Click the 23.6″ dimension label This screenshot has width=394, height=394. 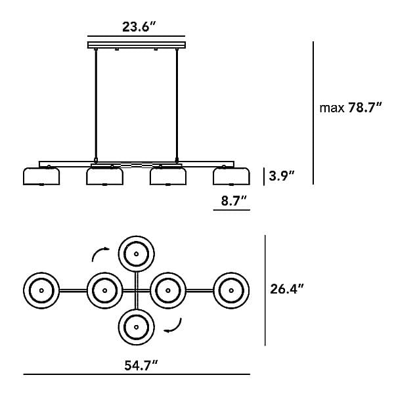(x=139, y=27)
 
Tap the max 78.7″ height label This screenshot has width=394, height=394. (x=351, y=108)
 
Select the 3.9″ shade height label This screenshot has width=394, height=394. (x=282, y=175)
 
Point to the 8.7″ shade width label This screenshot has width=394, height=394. (x=234, y=201)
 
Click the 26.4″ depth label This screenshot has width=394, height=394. (x=287, y=289)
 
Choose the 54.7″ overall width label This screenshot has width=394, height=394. (x=141, y=366)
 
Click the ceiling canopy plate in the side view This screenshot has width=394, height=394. (x=137, y=45)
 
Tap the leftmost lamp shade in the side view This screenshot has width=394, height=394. (x=41, y=177)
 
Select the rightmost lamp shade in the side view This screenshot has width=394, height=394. (x=231, y=177)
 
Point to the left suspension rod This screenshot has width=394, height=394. (x=96, y=104)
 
